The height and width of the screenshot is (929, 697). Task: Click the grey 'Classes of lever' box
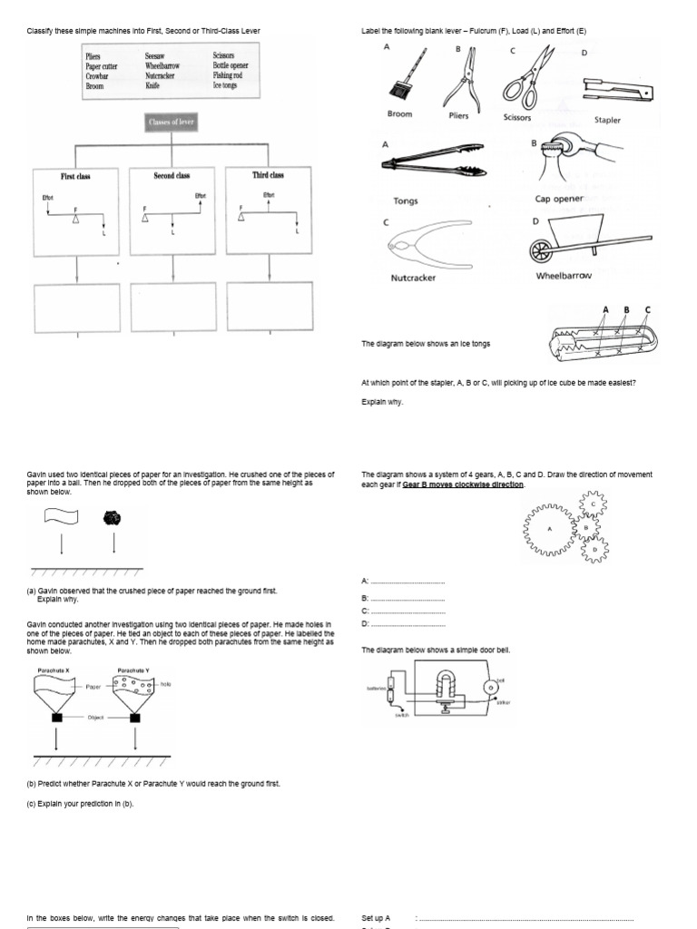click(172, 122)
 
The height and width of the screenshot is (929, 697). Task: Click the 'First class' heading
click(75, 175)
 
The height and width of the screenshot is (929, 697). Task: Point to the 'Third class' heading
click(268, 175)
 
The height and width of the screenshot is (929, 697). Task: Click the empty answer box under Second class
click(172, 308)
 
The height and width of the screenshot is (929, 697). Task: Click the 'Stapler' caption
click(607, 120)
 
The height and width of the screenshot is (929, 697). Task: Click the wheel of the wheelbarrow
click(543, 250)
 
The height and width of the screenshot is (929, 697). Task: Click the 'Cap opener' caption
click(559, 199)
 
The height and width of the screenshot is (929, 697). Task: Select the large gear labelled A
click(549, 530)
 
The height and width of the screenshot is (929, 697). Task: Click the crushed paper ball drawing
click(113, 517)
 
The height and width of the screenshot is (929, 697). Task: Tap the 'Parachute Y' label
click(133, 670)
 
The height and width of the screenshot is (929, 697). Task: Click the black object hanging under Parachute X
click(57, 718)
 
